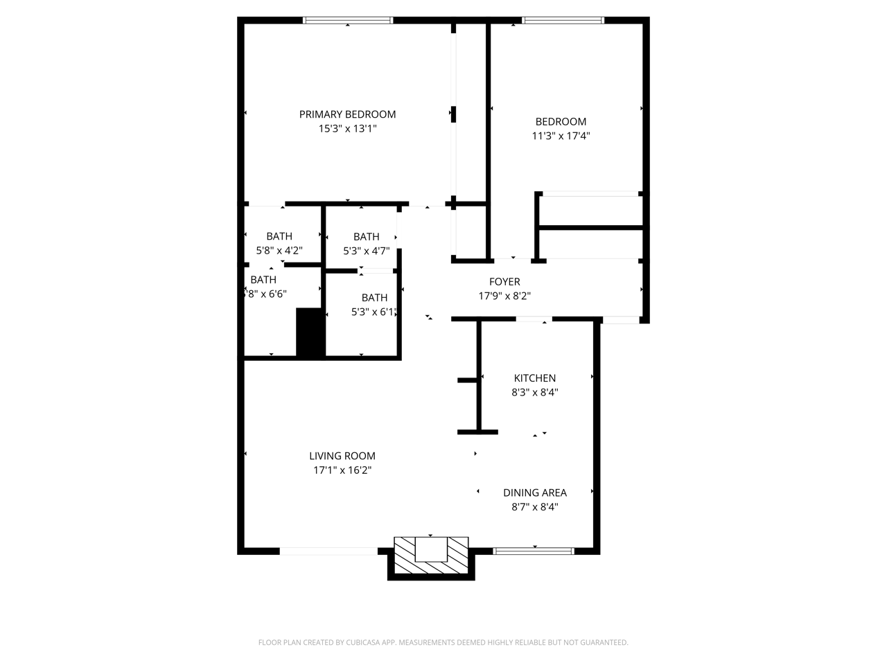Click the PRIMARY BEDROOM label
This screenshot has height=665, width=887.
click(x=347, y=114)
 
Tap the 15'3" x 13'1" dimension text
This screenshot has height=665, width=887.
click(x=347, y=129)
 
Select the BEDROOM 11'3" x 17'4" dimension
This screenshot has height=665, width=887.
click(x=561, y=136)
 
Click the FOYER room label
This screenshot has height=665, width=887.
click(x=504, y=282)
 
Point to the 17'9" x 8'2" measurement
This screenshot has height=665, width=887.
click(x=504, y=296)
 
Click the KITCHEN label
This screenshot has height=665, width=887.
click(x=534, y=378)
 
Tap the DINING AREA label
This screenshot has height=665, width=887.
click(x=534, y=493)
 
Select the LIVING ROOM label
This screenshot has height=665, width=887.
click(x=342, y=456)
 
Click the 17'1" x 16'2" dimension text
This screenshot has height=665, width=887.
click(x=342, y=470)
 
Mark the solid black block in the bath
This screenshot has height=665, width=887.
click(x=310, y=332)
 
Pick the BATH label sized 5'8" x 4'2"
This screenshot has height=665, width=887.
click(x=279, y=236)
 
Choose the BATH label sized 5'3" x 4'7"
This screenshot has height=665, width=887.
click(x=366, y=237)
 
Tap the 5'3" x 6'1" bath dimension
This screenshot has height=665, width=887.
click(x=374, y=312)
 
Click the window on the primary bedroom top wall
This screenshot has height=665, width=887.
click(x=348, y=21)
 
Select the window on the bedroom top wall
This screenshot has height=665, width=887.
click(x=563, y=21)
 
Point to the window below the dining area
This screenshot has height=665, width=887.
click(x=534, y=551)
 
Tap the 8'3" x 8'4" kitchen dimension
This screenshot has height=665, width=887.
click(x=534, y=393)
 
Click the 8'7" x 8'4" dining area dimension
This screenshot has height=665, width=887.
click(x=534, y=507)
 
